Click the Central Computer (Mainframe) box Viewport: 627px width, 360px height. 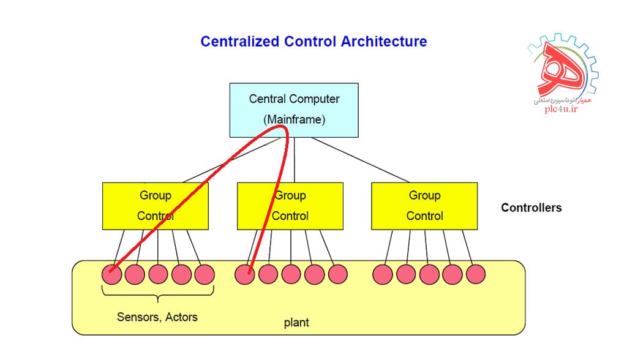pos(294,109)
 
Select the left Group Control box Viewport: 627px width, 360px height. pos(155,206)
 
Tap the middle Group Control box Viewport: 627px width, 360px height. pos(290,206)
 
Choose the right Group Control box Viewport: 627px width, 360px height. pos(424,206)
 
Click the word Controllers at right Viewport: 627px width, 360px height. pos(531,208)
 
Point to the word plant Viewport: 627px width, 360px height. pos(296,322)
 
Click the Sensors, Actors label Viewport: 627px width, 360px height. pos(157,317)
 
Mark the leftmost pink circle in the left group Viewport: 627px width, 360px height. pos(111,274)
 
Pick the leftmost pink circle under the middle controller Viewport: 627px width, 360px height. pos(245,274)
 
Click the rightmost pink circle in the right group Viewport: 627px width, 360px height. pos(475,274)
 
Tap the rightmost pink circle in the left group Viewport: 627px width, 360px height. pos(205,274)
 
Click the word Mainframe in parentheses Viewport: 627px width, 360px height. pos(294,120)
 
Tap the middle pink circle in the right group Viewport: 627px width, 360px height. pos(429,274)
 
